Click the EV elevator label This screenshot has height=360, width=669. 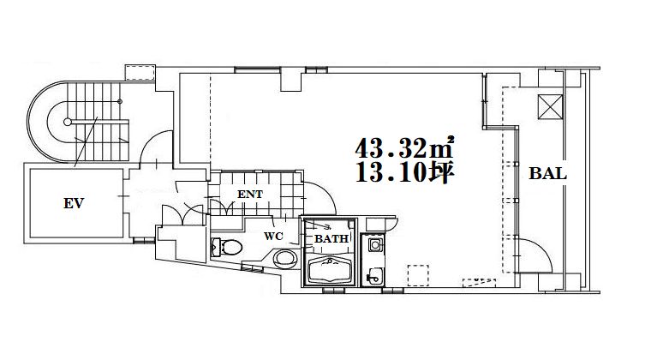pyautogui.click(x=74, y=203)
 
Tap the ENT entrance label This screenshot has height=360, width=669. pyautogui.click(x=250, y=195)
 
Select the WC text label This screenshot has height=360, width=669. pyautogui.click(x=273, y=237)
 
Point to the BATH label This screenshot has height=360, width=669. pyautogui.click(x=332, y=239)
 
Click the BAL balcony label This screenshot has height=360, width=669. pyautogui.click(x=548, y=174)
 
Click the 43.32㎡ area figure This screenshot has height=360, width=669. pyautogui.click(x=404, y=147)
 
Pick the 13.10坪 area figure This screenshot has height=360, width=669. pyautogui.click(x=404, y=171)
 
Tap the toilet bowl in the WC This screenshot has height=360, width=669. pyautogui.click(x=227, y=247)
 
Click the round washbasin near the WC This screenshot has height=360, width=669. pyautogui.click(x=285, y=258)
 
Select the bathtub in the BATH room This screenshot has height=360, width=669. pyautogui.click(x=332, y=271)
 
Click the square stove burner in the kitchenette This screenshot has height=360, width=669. pyautogui.click(x=375, y=244)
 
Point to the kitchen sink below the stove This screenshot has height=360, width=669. pyautogui.click(x=374, y=276)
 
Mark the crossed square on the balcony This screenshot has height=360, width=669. pyautogui.click(x=551, y=107)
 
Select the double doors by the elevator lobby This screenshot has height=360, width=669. pyautogui.click(x=183, y=214)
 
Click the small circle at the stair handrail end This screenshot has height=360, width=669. pyautogui.click(x=68, y=122)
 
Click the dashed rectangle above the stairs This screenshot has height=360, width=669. pyautogui.click(x=140, y=73)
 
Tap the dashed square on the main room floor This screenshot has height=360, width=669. pyautogui.click(x=418, y=275)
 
